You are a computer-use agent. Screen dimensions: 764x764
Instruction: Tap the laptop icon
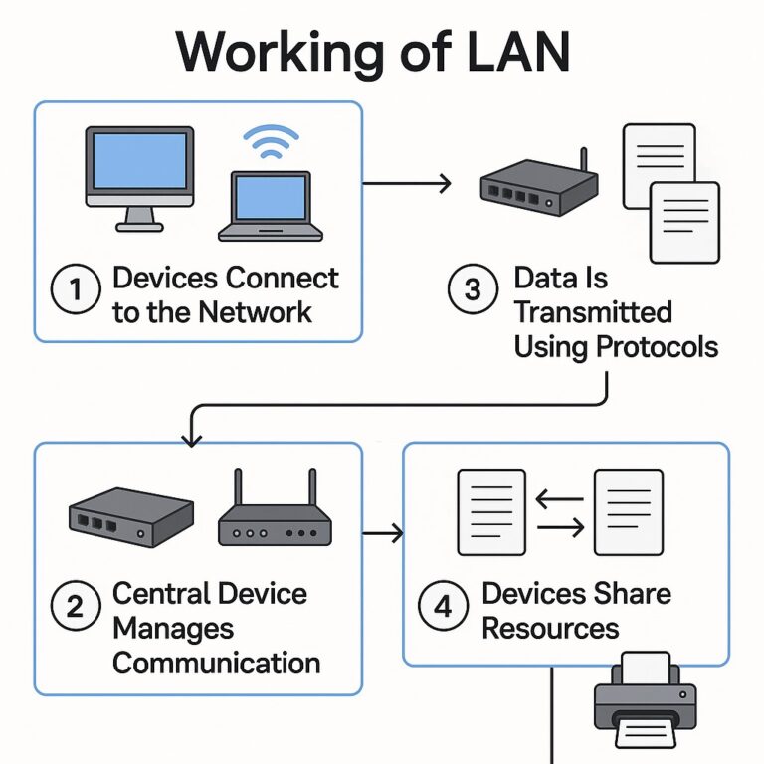(x=271, y=206)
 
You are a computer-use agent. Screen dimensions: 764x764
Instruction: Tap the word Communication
(x=216, y=663)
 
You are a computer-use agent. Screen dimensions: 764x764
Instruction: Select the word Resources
(x=550, y=629)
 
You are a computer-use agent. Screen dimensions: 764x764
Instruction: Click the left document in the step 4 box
(x=490, y=511)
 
